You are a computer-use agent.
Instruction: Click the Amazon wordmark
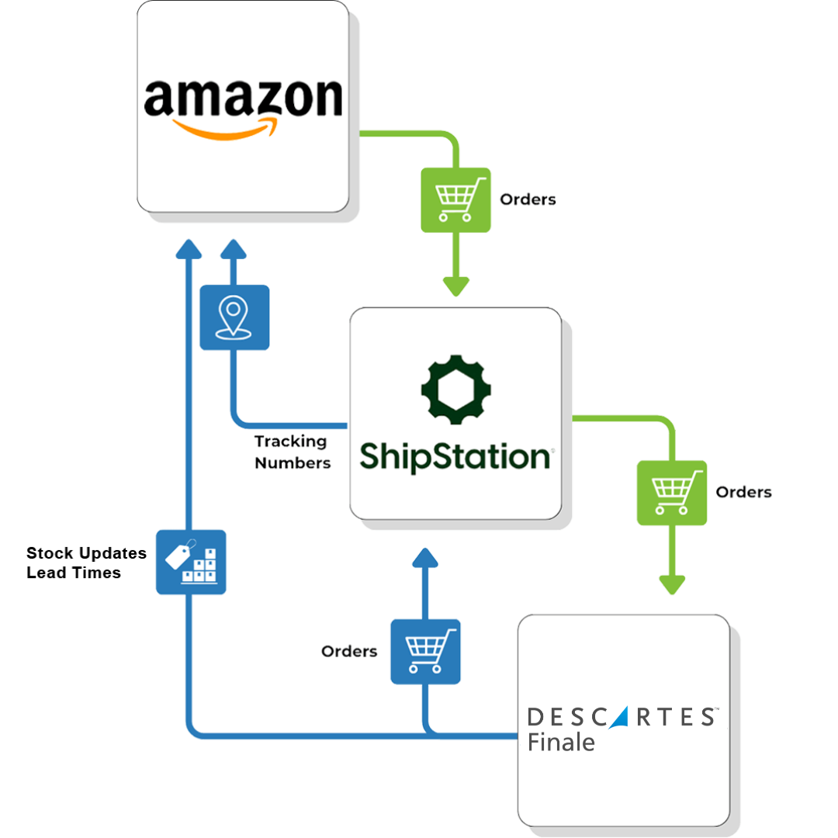243,99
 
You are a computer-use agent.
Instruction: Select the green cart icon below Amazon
455,199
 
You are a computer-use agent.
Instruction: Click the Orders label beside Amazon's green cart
528,199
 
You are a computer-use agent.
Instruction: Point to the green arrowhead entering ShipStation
455,285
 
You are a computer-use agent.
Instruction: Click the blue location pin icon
234,317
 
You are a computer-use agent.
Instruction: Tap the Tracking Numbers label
292,452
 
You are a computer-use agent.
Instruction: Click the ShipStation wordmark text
455,456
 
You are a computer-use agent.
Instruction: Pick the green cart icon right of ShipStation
672,493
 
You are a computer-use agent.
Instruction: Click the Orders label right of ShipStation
743,493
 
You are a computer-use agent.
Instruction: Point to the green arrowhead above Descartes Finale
672,583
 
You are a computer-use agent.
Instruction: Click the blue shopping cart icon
425,651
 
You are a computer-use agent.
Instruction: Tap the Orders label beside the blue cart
349,652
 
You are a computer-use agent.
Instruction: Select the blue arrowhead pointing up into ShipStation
425,558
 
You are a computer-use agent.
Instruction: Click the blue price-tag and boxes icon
191,562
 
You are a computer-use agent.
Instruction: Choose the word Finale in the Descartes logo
561,742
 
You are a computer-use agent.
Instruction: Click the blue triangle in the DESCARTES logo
621,717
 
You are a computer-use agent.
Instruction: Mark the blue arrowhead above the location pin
232,250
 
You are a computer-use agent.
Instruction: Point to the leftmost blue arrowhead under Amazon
189,250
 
